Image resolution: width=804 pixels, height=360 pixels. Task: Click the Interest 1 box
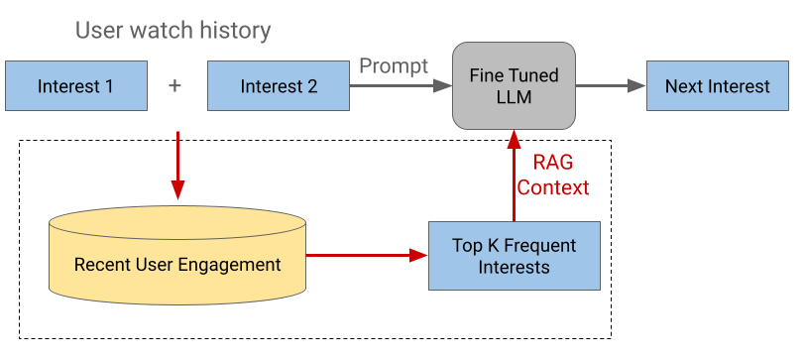click(75, 86)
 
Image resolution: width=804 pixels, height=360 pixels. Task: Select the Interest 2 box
click(279, 86)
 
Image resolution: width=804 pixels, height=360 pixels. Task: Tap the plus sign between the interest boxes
click(175, 86)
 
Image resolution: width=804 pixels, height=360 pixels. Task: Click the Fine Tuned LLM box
click(514, 85)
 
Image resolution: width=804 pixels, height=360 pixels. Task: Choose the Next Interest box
click(717, 86)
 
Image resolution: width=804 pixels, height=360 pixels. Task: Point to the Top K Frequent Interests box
click(514, 256)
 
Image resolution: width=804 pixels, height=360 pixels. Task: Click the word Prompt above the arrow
click(393, 66)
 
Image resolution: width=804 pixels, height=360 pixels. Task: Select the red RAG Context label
click(552, 175)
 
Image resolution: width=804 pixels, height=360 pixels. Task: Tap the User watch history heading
click(173, 31)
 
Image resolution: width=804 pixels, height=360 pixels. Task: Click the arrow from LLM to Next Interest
click(610, 86)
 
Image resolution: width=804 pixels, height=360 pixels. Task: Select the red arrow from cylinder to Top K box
click(367, 256)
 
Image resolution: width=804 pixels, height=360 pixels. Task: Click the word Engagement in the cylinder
click(233, 265)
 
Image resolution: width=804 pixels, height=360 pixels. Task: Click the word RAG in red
click(552, 163)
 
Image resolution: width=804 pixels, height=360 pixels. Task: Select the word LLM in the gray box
click(514, 96)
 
